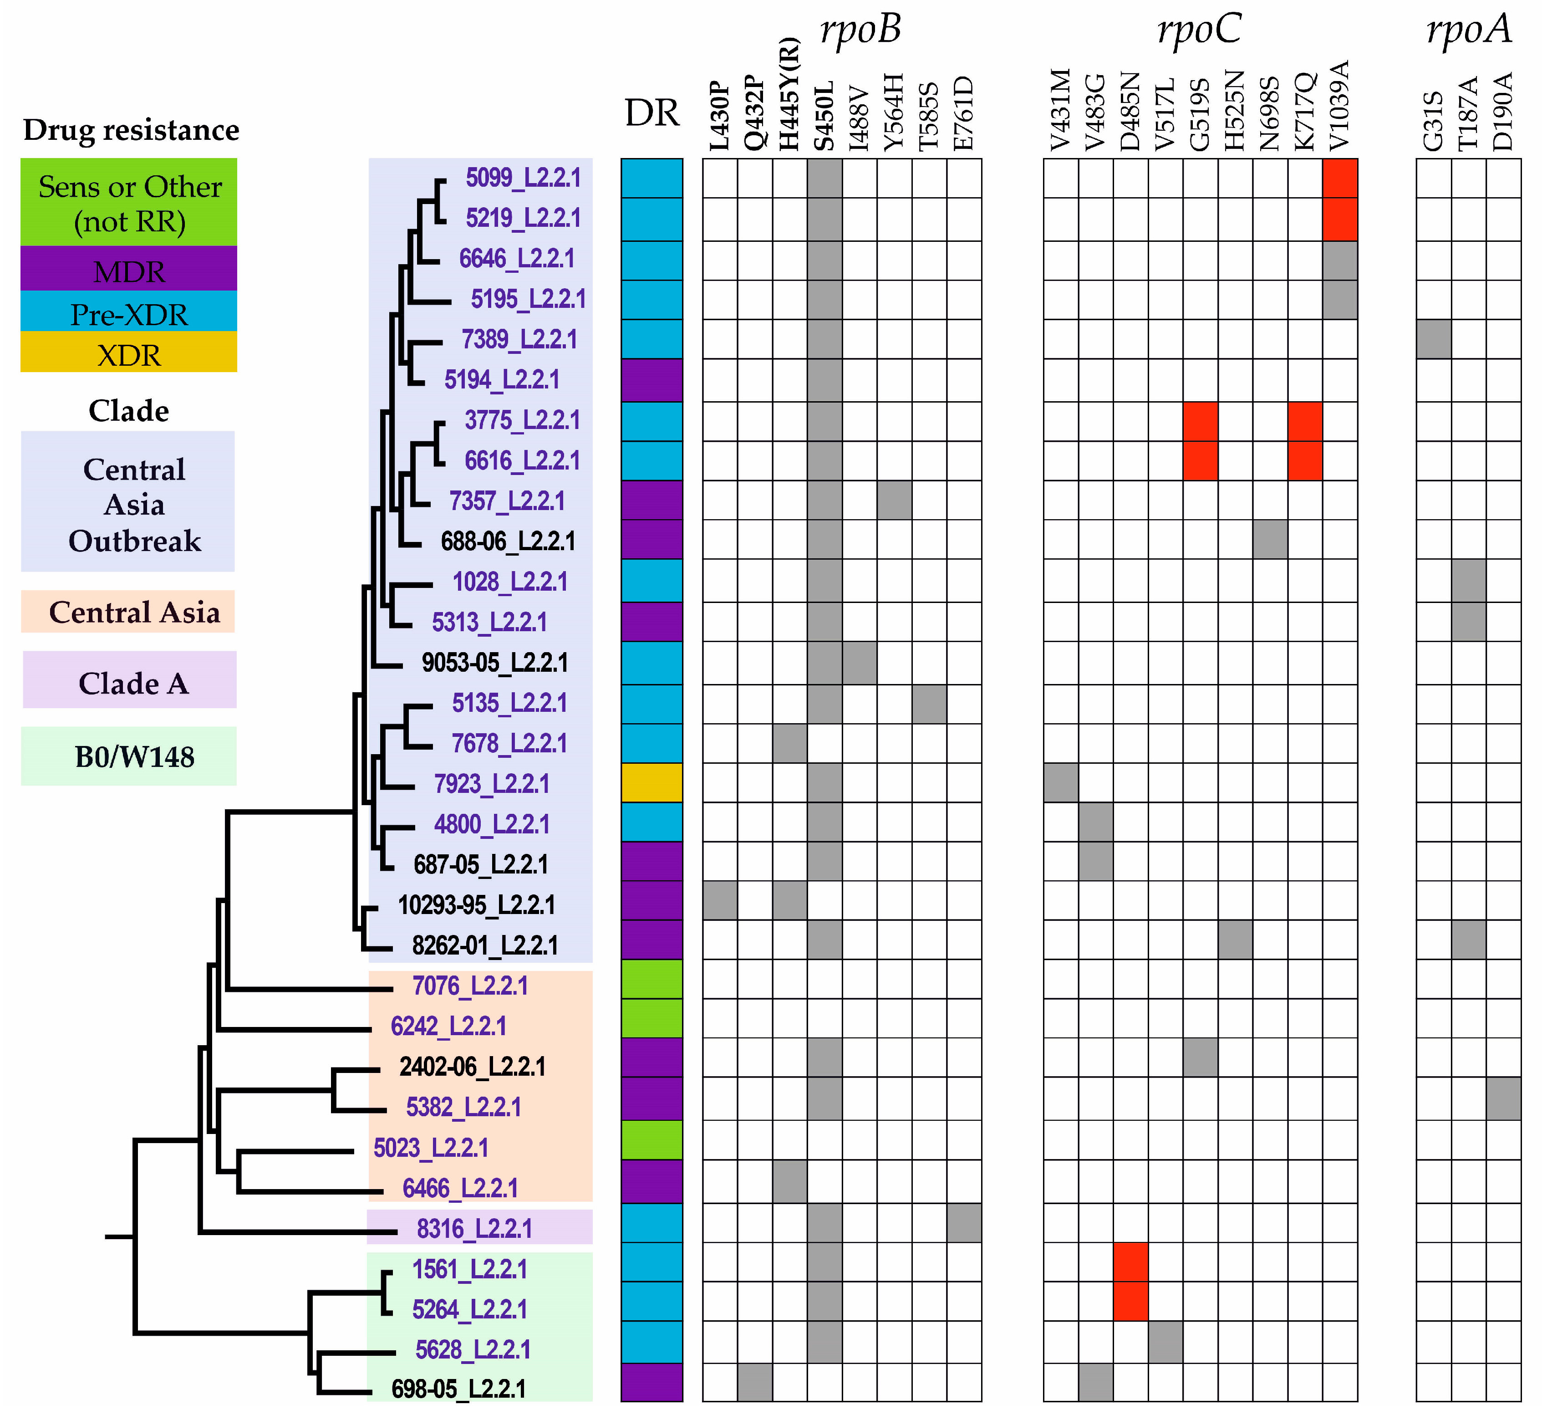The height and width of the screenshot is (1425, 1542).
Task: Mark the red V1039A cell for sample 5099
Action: (1340, 178)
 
